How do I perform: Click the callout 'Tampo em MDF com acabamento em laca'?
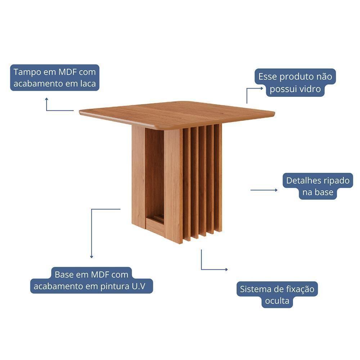54,78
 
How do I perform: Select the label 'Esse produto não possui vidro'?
295,83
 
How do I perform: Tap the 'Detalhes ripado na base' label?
318,186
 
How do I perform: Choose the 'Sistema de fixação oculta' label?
277,295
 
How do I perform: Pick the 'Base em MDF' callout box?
91,280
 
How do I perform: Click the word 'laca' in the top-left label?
87,84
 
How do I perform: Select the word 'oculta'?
277,301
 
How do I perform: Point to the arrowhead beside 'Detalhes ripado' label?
276,190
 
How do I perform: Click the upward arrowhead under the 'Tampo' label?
46,99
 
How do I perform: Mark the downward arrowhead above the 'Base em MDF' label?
91,257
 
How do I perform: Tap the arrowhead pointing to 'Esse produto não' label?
262,87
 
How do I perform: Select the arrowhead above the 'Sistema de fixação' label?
226,269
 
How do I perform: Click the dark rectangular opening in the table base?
154,173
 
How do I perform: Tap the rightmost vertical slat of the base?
219,178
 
